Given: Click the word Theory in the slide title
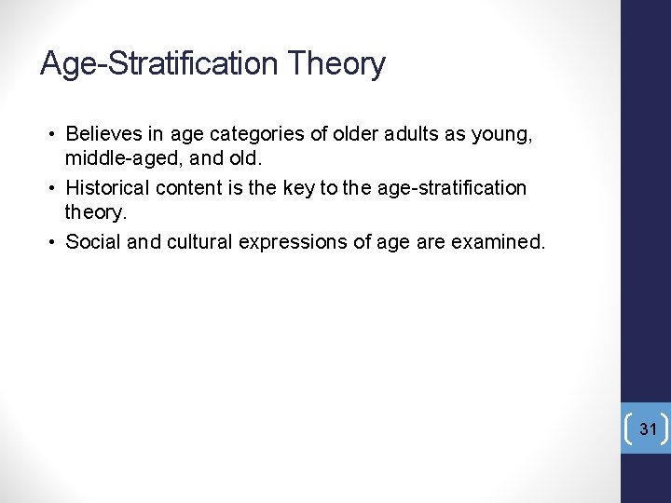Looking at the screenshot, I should (x=336, y=64).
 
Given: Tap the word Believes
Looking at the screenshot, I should (x=102, y=135).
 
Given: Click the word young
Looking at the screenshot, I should (x=501, y=135).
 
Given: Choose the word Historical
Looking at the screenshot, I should (x=107, y=188).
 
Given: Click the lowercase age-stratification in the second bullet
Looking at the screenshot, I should (x=451, y=188).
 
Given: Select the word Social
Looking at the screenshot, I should (x=92, y=242).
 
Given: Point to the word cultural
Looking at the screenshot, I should (x=199, y=242).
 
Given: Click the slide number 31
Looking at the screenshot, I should (x=648, y=429).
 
